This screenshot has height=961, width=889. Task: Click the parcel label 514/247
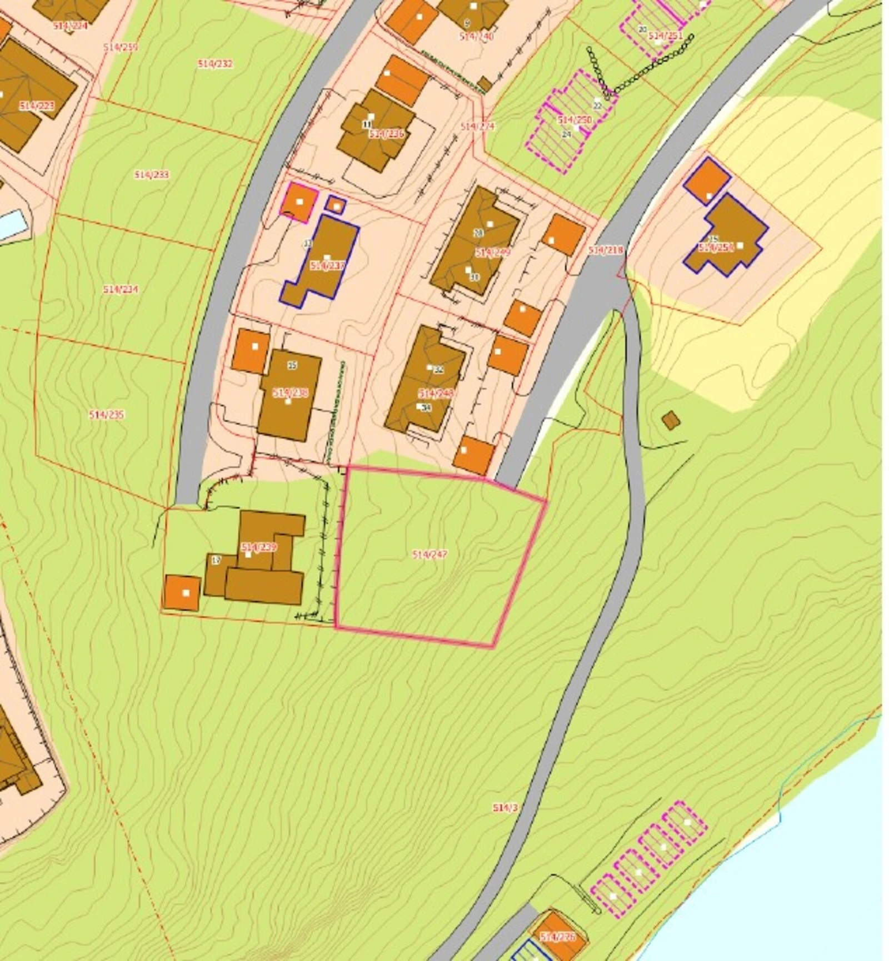point(429,554)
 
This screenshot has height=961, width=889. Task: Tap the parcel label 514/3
point(505,808)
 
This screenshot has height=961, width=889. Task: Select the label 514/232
point(215,64)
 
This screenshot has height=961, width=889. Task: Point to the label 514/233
point(151,175)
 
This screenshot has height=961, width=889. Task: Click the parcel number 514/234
point(121,289)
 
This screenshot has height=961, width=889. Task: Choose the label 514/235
point(106,415)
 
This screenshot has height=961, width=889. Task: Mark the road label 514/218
point(605,250)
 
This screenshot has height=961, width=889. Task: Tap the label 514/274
point(477,127)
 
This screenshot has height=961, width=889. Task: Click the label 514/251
point(666,36)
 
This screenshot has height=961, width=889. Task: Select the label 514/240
point(477,36)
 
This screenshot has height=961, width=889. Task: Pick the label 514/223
point(37,105)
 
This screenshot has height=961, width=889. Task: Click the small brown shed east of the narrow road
point(671,420)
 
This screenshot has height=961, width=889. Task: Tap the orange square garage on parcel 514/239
point(182,592)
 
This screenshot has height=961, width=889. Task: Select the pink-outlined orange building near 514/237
point(300,202)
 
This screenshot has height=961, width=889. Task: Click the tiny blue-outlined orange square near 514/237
point(336,205)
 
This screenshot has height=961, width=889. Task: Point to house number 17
point(217,560)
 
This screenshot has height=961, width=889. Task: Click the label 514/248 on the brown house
point(436,393)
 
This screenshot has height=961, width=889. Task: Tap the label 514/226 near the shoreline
point(557,937)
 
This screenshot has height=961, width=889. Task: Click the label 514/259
point(121,47)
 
